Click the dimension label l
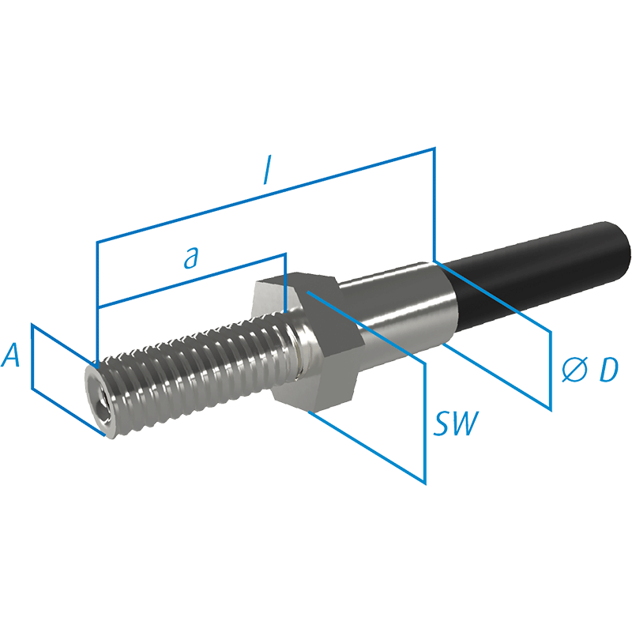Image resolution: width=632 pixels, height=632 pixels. click(269, 175)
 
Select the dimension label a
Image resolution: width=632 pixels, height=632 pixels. click(190, 258)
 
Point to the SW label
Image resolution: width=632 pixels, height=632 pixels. click(456, 424)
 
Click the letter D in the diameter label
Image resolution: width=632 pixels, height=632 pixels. click(607, 371)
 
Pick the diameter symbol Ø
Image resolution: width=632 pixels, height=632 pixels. click(574, 371)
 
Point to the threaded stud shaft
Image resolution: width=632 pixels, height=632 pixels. click(197, 371)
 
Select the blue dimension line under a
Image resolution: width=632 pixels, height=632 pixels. click(190, 280)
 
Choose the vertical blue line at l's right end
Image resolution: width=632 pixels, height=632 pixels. click(434, 201)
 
